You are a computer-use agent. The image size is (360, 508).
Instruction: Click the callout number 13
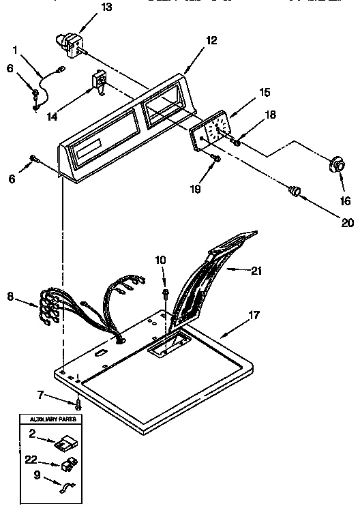(x=87, y=8)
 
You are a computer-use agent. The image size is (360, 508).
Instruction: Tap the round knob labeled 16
(x=336, y=166)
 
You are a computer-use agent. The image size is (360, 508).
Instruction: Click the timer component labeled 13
(x=71, y=40)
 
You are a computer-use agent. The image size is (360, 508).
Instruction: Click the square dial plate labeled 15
(x=211, y=132)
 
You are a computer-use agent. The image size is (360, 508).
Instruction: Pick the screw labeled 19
(x=215, y=159)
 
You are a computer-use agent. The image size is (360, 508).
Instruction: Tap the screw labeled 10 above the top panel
(x=164, y=293)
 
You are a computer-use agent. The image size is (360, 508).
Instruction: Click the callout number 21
(x=256, y=271)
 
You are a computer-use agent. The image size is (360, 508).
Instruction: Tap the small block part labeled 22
(x=67, y=465)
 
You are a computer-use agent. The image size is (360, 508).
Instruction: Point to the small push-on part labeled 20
(x=295, y=192)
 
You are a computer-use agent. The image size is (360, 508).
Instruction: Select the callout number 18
(x=271, y=115)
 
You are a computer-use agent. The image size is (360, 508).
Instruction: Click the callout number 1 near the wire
(x=15, y=49)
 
